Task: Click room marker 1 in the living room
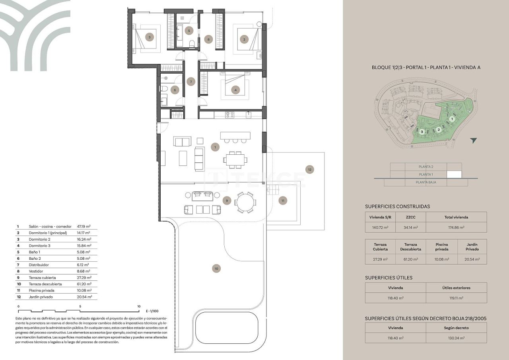[x=215, y=147]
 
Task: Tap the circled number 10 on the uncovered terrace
[x=216, y=269]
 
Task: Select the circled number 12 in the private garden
[x=310, y=169]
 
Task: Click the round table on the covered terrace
[x=245, y=202]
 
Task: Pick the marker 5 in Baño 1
[x=189, y=30]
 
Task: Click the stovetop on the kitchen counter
[x=230, y=115]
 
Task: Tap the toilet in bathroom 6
[x=163, y=88]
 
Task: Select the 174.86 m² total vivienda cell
[x=456, y=228]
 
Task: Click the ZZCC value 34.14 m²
[x=410, y=228]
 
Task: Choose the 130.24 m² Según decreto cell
[x=456, y=338]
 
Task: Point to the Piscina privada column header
[x=441, y=247]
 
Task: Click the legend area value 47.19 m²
[x=84, y=226]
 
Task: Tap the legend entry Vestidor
[x=36, y=271]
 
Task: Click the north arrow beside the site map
[x=473, y=140]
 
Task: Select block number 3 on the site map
[x=422, y=132]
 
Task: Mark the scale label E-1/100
[x=152, y=311]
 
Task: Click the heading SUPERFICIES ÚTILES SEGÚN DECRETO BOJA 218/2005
[x=425, y=318]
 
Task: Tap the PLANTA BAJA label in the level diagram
[x=425, y=182]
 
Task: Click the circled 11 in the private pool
[x=283, y=200]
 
